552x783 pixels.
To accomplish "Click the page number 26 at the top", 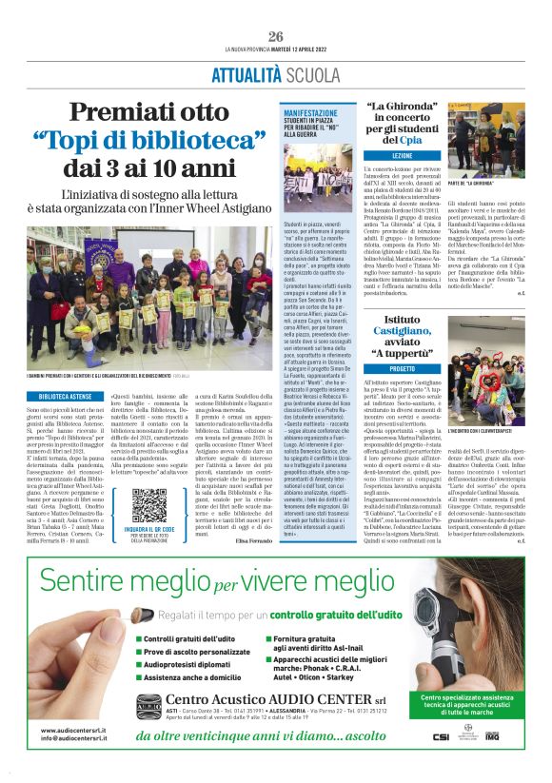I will point(275,36).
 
